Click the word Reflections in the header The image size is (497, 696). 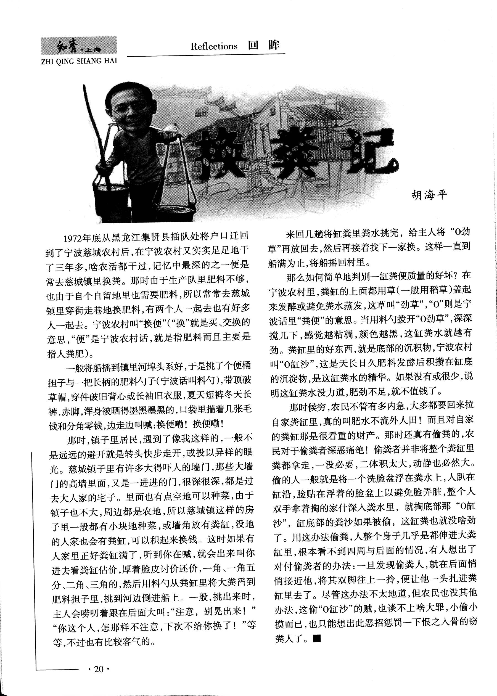pyautogui.click(x=214, y=46)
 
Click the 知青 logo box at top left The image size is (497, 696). pyautogui.click(x=79, y=46)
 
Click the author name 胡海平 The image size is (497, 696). pyautogui.click(x=429, y=195)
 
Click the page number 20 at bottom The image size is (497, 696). pyautogui.click(x=99, y=670)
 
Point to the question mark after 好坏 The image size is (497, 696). pyautogui.click(x=455, y=275)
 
